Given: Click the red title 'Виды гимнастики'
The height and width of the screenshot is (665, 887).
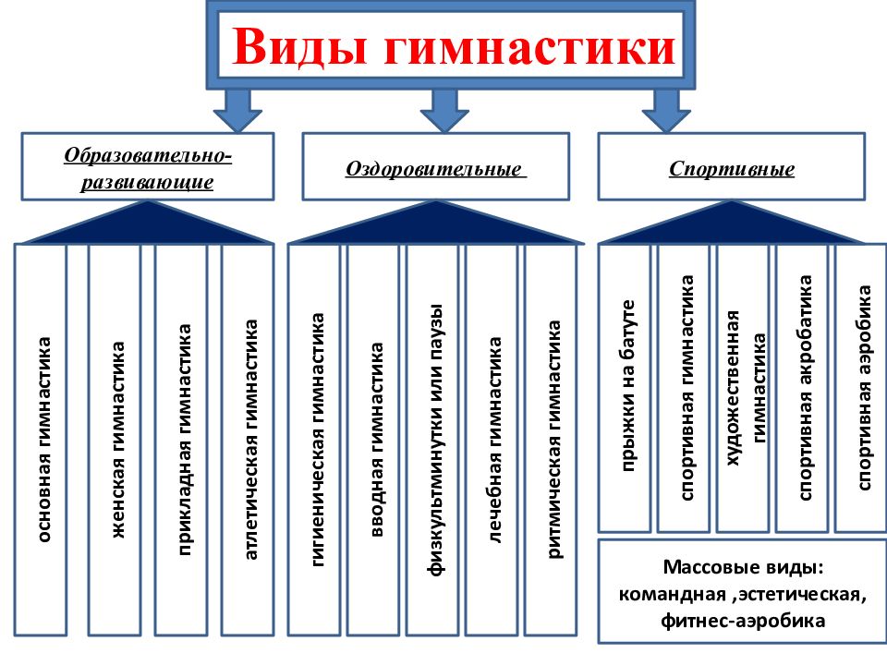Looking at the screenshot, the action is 454,46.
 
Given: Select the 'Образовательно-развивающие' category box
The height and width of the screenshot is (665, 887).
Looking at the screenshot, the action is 148,167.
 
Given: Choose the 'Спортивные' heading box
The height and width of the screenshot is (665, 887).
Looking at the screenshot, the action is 732,167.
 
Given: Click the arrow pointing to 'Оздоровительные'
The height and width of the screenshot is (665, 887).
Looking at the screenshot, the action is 444,110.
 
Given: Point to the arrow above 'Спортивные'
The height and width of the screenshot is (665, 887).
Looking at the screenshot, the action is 666,110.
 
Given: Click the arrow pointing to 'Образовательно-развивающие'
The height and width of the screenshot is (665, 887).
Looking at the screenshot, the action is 237,110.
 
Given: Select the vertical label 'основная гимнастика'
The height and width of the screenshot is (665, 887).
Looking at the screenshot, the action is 44,440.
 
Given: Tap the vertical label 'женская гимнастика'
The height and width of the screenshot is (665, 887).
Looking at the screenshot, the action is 117,440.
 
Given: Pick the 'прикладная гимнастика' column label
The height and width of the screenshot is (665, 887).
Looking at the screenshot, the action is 185,440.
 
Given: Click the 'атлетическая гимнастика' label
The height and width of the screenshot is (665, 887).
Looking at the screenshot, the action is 251,440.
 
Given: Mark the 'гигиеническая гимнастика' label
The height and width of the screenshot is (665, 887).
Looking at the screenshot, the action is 318,440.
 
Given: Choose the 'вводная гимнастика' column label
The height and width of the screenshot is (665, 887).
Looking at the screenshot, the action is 377,440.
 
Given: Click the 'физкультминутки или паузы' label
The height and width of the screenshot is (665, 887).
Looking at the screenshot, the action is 435,440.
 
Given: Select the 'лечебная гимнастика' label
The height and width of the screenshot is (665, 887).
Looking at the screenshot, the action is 494,440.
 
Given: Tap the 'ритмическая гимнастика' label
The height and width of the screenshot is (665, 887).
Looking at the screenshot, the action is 554,440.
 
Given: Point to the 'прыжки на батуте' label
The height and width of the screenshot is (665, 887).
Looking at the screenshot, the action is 628,386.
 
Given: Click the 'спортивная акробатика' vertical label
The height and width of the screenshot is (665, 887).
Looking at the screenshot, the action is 806,388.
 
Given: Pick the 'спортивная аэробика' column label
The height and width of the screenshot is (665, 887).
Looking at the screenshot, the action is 865,388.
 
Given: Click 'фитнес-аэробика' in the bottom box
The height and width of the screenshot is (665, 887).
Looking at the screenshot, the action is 743,621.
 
